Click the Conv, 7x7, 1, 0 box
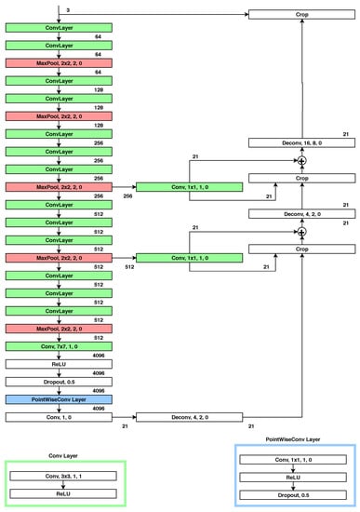pos(59,346)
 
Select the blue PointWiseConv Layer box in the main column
pos(59,398)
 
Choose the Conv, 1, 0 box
pos(59,416)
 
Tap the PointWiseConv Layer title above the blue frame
pos(292,438)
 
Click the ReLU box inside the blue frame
pos(293,477)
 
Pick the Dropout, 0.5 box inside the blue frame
pos(293,494)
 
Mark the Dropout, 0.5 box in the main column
pos(59,381)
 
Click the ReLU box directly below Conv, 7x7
pos(59,364)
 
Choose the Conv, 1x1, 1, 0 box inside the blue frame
pos(293,459)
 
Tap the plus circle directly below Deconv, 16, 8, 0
pos(300,160)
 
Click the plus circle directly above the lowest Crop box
pos(300,231)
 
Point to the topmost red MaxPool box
pos(59,62)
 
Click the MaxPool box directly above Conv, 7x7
pos(59,329)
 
